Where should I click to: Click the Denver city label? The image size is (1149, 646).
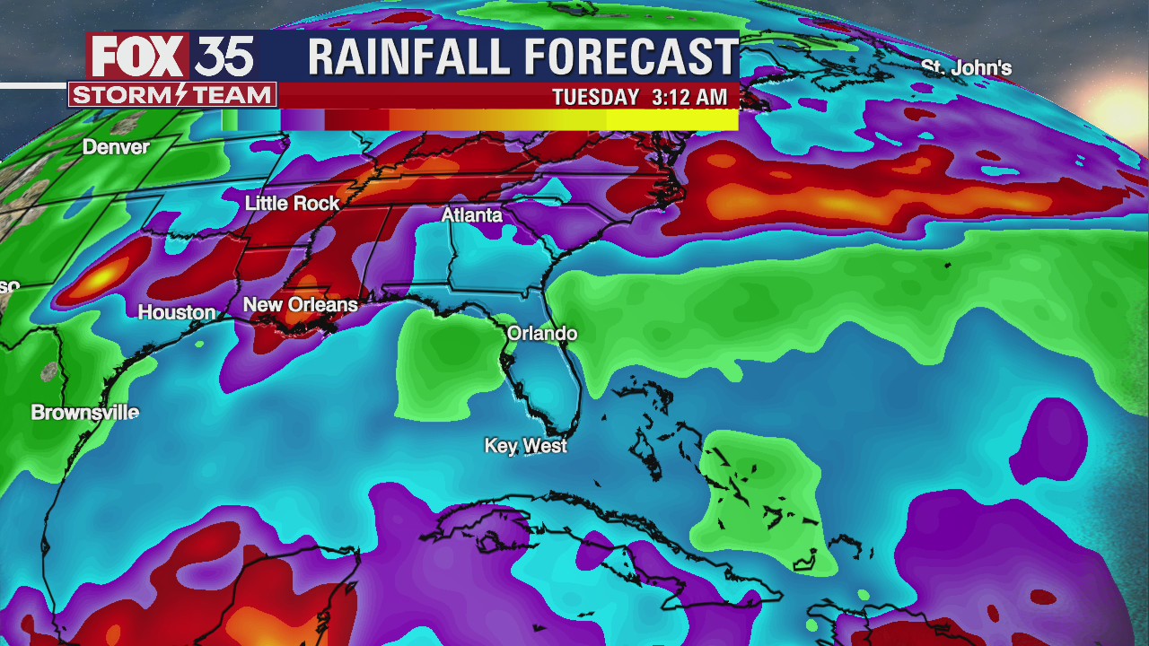coord(116,146)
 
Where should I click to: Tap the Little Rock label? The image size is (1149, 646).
coord(292,204)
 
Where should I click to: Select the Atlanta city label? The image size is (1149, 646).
coord(471,215)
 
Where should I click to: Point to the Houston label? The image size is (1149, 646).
coord(176,312)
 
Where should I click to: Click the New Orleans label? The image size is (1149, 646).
coord(300,305)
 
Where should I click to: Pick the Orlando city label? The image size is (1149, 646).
coord(541,334)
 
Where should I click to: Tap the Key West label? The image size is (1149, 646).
coord(525,445)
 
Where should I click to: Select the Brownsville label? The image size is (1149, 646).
coord(85,413)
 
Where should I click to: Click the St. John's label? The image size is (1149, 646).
coord(966,68)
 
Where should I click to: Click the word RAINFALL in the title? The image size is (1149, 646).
coord(409,57)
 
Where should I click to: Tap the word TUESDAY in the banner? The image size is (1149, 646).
coord(595,97)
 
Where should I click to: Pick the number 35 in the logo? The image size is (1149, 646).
coord(224,57)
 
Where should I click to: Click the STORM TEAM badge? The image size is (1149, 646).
coord(171,94)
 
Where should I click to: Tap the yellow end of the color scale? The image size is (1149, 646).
coord(709,119)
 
